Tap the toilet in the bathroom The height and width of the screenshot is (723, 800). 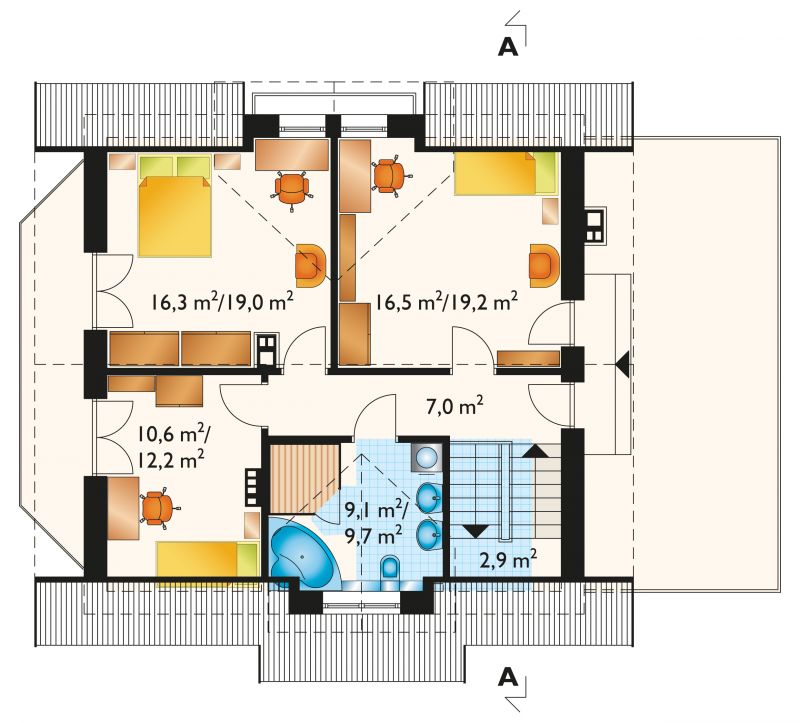pos(391,570)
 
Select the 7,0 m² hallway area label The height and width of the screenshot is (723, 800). pos(455,407)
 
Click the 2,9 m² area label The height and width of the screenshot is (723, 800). pos(508,560)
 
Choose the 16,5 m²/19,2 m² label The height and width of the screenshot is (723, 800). pos(447,301)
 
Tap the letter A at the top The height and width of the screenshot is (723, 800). pos(508,47)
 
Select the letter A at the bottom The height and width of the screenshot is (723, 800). pos(508,678)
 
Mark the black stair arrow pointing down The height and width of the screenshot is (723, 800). pos(476,531)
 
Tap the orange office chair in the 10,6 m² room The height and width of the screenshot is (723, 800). pos(157,508)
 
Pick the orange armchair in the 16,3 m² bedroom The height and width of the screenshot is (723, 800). pos(310,265)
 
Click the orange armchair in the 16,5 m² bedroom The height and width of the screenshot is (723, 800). pos(544,265)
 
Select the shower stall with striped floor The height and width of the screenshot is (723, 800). pos(305,479)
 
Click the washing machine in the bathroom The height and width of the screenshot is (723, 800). pos(426,457)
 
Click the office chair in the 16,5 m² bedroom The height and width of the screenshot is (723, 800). pos(390,176)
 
